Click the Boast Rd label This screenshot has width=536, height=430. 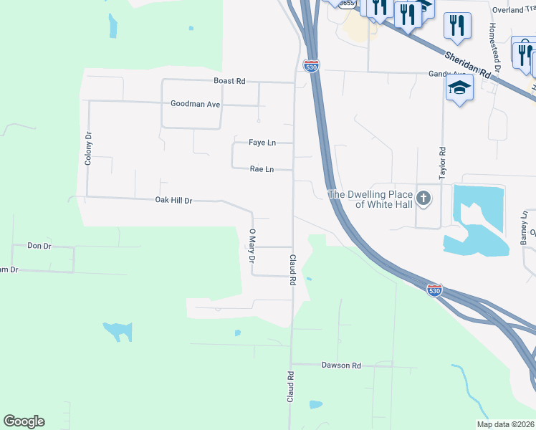coord(229,81)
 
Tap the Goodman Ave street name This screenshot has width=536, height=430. coord(195,104)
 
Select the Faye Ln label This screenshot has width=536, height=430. coord(262,143)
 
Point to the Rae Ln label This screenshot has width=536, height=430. coord(262,170)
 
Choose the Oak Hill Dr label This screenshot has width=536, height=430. coord(174,201)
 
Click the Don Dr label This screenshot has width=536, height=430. coord(39,246)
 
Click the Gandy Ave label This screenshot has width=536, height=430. coord(447,74)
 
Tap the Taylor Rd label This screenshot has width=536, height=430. coord(443,163)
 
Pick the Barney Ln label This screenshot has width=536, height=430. coord(524,229)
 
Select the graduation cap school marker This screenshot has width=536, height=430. coord(459,88)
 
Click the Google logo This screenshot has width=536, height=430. coord(24,421)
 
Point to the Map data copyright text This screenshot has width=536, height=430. coord(505,424)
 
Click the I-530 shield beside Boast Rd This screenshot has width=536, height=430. coord(311,66)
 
